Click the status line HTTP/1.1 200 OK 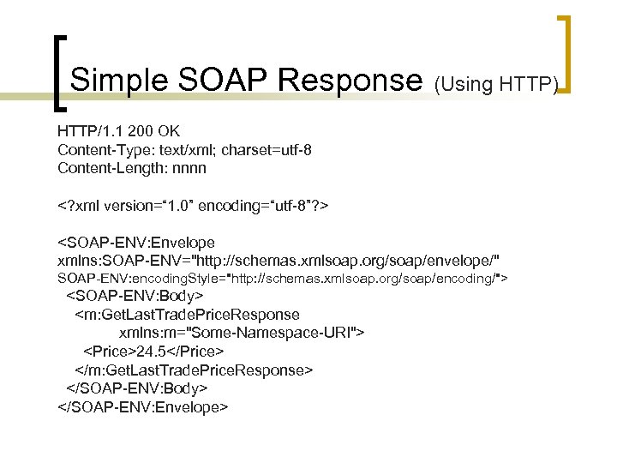[x=118, y=131]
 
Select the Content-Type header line [x=184, y=150]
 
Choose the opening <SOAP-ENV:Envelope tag [x=136, y=243]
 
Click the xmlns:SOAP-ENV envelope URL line [x=279, y=261]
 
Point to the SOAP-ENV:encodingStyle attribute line [x=283, y=279]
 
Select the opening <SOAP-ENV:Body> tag [x=135, y=297]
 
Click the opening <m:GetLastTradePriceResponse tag [x=188, y=315]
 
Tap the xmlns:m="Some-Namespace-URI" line [x=242, y=333]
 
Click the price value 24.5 [x=153, y=352]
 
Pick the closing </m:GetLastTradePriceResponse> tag [x=195, y=370]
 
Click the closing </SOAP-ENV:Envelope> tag [x=142, y=406]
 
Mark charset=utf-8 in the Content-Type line [x=267, y=150]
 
